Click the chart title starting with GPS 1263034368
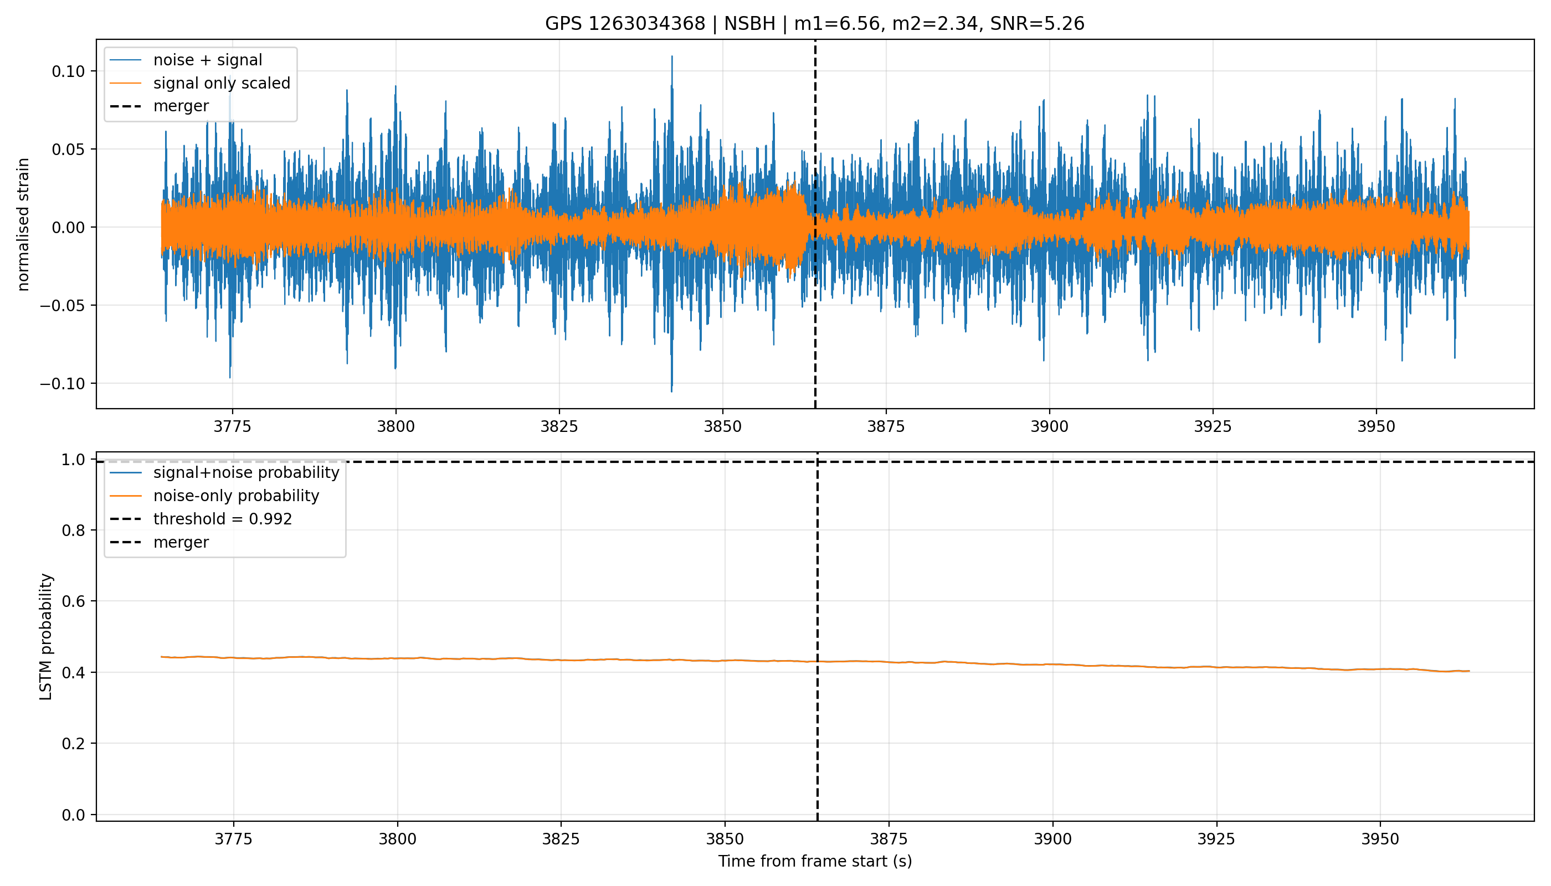click(x=814, y=24)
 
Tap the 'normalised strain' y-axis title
click(x=23, y=224)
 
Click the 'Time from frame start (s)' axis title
click(x=814, y=862)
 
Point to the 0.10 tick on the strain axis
click(x=68, y=72)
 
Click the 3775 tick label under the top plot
click(x=232, y=426)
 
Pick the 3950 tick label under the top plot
click(x=1376, y=426)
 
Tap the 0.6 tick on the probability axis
click(x=73, y=601)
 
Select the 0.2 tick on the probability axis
click(x=73, y=744)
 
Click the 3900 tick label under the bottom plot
click(x=1052, y=839)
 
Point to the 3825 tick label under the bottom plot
click(x=561, y=839)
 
